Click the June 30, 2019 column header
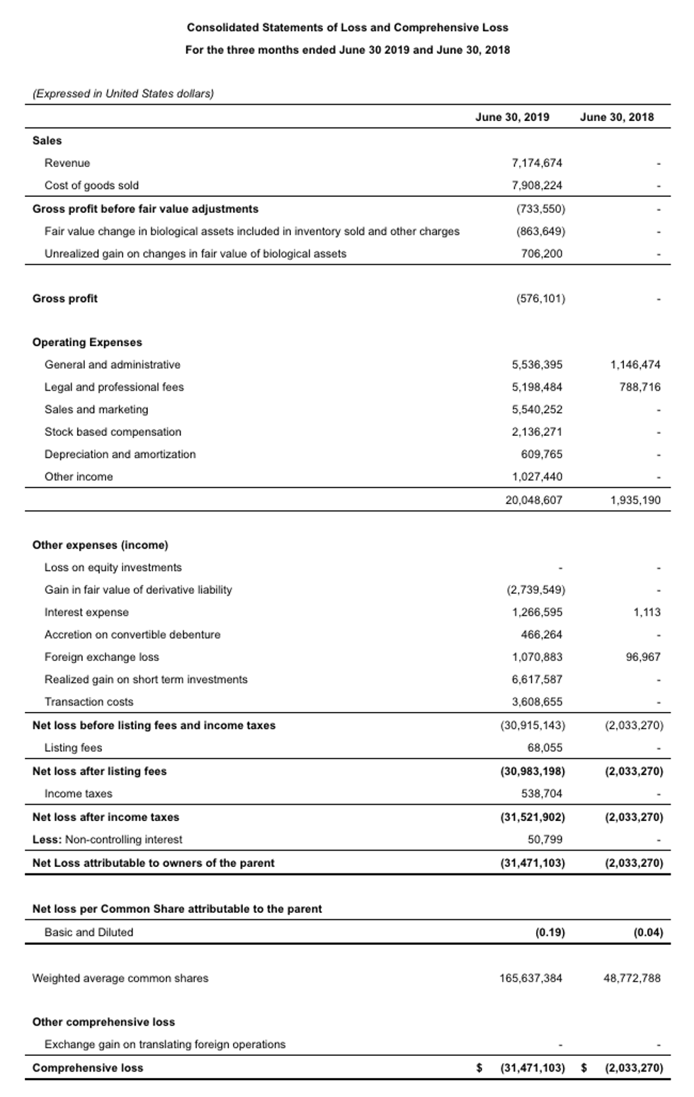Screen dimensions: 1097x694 (x=512, y=117)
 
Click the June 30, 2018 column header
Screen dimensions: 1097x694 (x=617, y=117)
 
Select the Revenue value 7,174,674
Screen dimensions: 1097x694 (x=537, y=163)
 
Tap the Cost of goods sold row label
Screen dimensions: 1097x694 (x=91, y=185)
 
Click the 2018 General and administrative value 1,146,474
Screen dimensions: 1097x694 (x=635, y=364)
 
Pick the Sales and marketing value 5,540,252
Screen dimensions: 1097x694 (x=537, y=409)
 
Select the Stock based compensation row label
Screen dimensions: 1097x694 (x=113, y=432)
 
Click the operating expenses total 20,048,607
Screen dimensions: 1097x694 (x=534, y=500)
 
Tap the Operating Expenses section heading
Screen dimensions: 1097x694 (x=87, y=342)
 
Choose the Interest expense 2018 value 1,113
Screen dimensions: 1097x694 (x=647, y=612)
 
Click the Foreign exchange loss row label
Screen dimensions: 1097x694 (x=101, y=657)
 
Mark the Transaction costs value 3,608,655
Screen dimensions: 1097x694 (x=537, y=701)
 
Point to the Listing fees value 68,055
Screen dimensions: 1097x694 (x=545, y=747)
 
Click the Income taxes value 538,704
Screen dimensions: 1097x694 (x=542, y=793)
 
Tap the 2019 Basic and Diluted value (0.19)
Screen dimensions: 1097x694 (x=550, y=932)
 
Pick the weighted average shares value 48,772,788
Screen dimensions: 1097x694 (x=632, y=978)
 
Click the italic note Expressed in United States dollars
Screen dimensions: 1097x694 (x=123, y=93)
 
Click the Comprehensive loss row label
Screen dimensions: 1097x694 (x=88, y=1067)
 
